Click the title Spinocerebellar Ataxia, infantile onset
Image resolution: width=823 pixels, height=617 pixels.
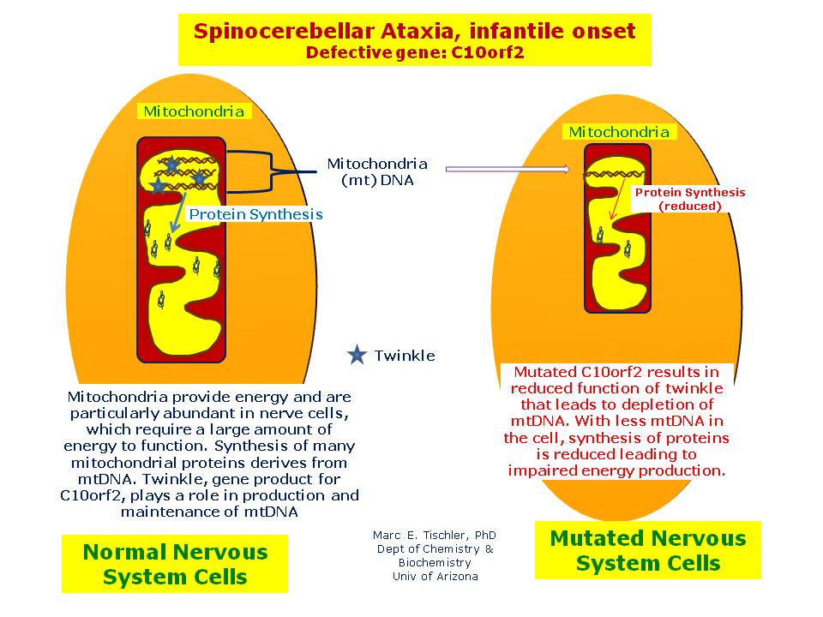point(414,33)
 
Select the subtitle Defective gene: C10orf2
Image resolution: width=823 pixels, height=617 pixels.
point(414,52)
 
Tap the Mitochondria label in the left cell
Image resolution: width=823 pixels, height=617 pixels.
point(194,111)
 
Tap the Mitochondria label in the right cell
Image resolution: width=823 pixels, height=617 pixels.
point(619,132)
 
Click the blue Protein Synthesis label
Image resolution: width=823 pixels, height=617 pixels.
point(255,214)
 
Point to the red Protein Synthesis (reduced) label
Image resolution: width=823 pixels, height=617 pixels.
point(689,199)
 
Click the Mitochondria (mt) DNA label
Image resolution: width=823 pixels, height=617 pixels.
point(377,171)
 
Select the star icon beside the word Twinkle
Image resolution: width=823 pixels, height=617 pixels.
point(357,355)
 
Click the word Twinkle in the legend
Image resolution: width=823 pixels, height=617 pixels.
point(405,356)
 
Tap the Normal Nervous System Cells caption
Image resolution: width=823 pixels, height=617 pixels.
point(175,564)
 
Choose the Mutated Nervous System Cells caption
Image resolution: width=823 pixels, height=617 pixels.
point(647,550)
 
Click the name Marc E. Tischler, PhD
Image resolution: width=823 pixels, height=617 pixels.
point(434,536)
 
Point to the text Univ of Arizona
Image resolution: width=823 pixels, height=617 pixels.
point(434,577)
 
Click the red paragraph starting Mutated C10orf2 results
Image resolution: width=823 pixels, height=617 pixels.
point(617,422)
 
